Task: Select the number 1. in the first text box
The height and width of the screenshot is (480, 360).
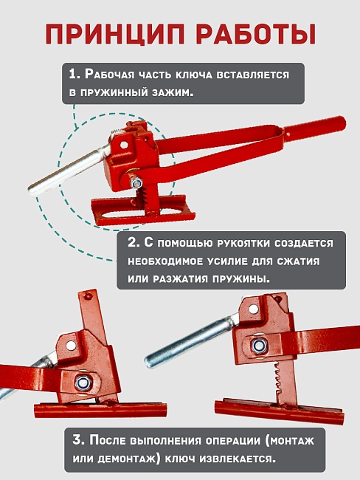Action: (75, 75)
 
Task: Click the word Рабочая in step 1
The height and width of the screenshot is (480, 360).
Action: (111, 75)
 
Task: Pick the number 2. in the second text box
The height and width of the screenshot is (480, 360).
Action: (134, 243)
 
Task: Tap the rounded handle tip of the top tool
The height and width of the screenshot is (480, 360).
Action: (339, 120)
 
